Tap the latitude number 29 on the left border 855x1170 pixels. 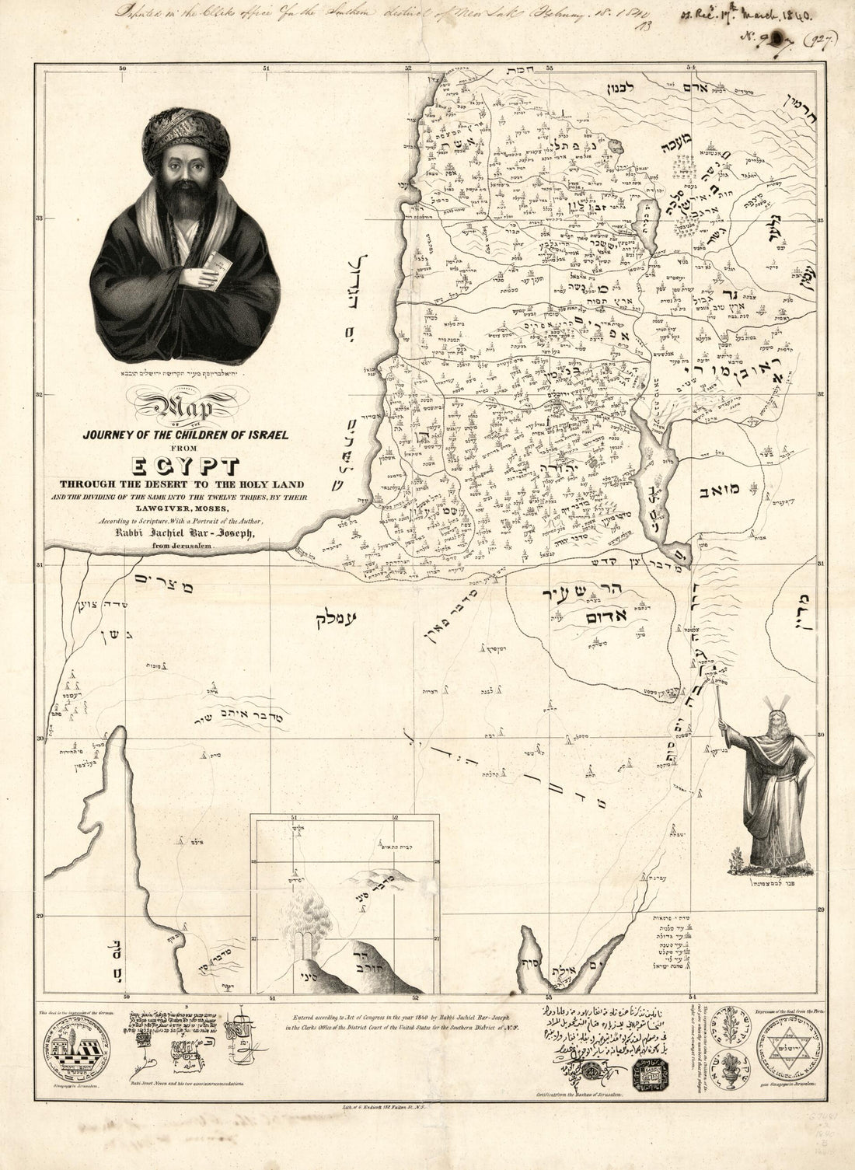[39, 917]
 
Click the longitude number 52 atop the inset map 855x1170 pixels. [395, 818]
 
